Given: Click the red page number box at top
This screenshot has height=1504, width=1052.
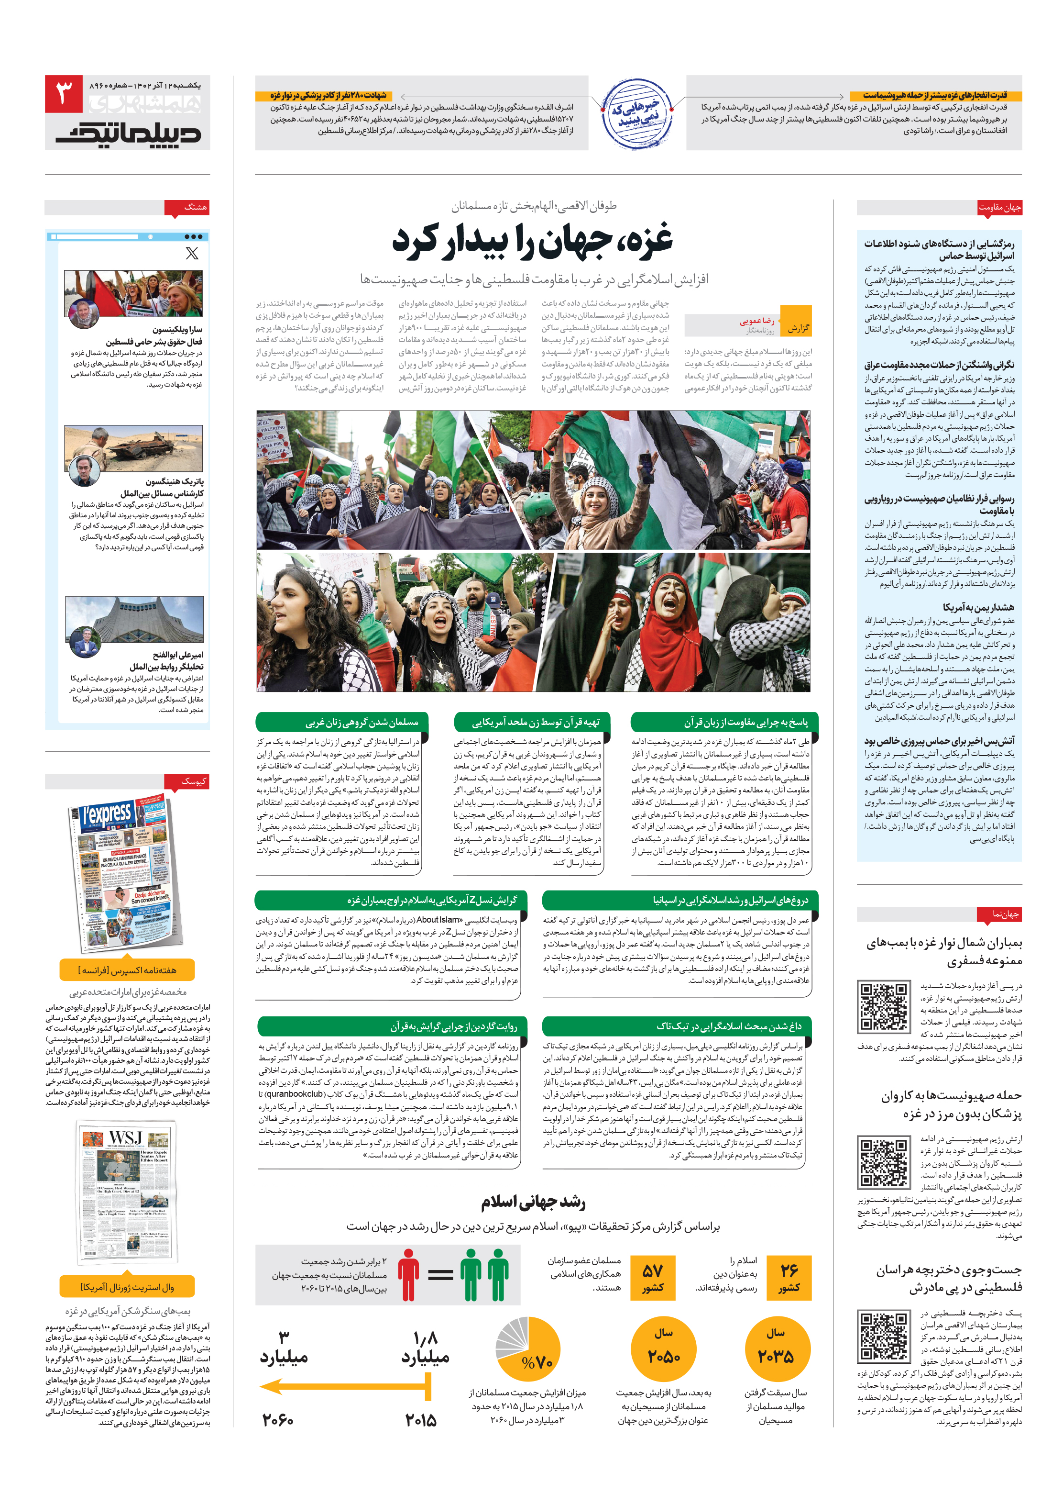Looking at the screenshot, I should pos(64,94).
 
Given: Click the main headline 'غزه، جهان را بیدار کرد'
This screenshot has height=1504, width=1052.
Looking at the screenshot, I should pos(532,240).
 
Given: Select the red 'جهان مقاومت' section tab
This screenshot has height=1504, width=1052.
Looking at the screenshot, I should pos(999,208).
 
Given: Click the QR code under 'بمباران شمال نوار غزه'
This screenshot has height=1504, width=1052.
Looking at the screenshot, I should pos(882,1006).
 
